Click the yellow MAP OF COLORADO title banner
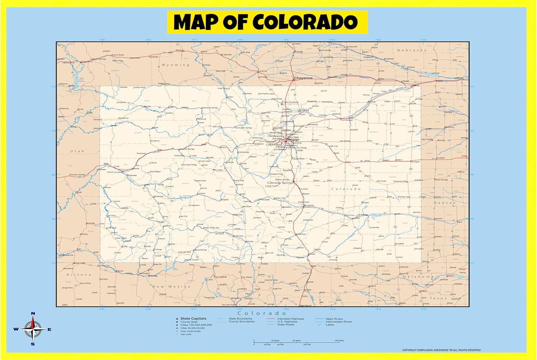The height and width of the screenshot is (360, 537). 267,22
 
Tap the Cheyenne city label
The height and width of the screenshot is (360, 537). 303,78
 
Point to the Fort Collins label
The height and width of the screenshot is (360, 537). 290,102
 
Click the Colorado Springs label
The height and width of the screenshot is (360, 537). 280,183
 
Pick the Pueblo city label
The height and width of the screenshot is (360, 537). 309,206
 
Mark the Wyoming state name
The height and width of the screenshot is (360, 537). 175,65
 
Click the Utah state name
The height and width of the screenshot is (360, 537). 77,151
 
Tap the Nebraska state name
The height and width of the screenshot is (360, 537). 412,50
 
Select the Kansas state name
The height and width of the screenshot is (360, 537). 445,203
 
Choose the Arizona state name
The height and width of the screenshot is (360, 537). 79,275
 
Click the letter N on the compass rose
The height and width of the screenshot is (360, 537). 33,313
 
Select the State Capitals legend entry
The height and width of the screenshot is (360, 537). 193,318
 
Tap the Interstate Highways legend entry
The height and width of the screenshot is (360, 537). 290,318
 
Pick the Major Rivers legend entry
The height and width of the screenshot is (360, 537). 334,318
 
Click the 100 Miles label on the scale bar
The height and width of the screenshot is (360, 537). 339,341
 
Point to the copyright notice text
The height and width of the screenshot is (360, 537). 441,350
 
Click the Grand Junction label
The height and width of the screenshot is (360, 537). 115,172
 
